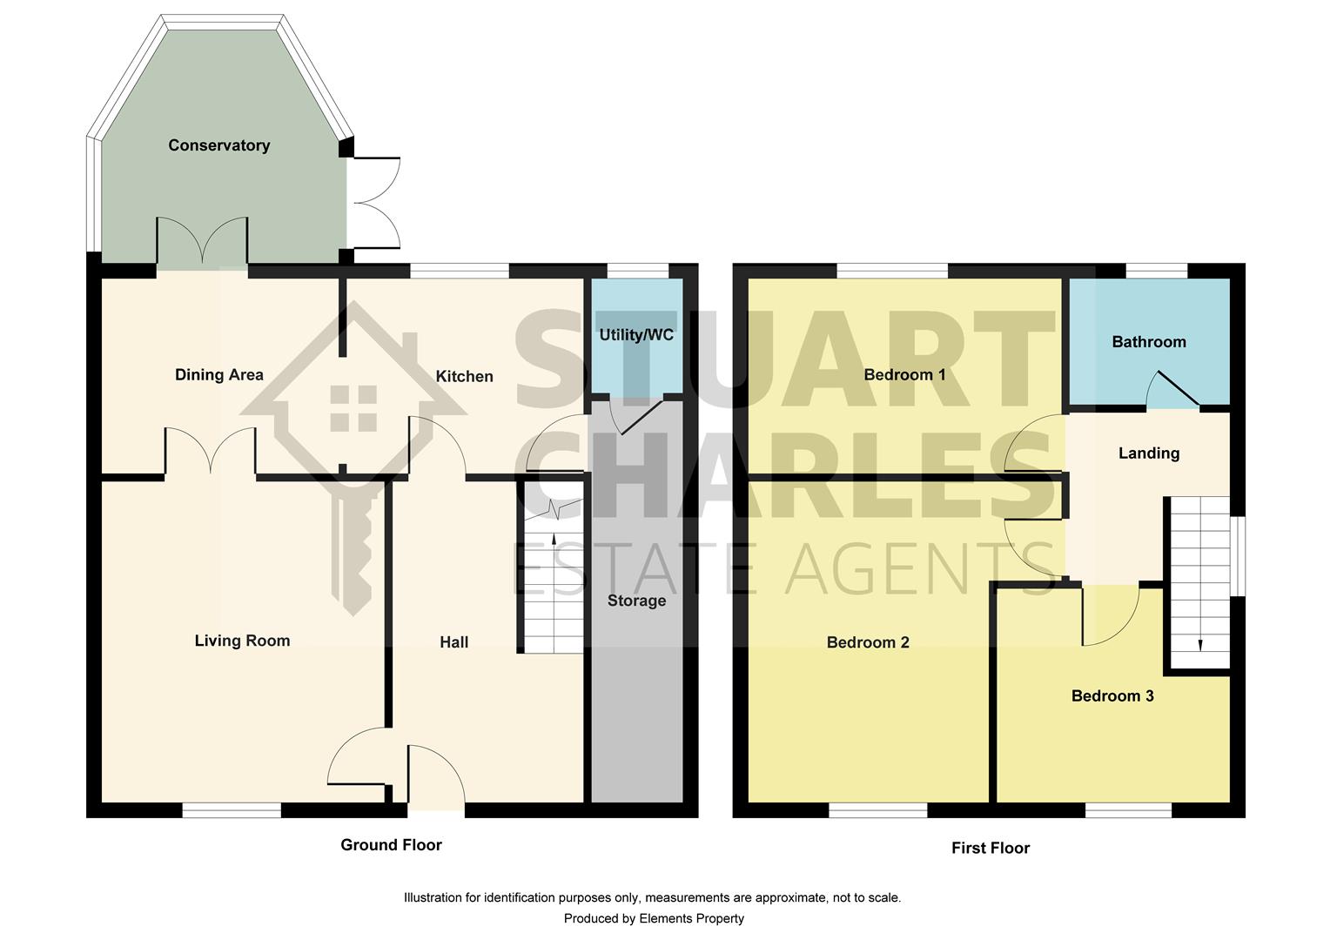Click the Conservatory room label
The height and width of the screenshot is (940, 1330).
tap(218, 145)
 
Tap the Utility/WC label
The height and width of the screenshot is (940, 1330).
tap(636, 335)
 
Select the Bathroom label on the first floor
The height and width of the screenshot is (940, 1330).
tap(1148, 342)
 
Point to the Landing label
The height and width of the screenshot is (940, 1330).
tap(1148, 453)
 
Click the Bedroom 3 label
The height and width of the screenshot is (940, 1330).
tap(1112, 696)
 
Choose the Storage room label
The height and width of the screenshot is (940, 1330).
tap(636, 601)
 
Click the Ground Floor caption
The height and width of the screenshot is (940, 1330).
tap(391, 845)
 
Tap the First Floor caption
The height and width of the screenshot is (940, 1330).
tap(990, 848)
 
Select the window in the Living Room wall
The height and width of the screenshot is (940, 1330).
tap(232, 810)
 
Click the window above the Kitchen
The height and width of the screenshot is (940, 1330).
tap(459, 271)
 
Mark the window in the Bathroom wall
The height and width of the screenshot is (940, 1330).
tap(1157, 271)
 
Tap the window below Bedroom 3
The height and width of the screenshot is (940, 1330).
tap(1128, 810)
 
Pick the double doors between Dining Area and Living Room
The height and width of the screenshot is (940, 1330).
tap(210, 452)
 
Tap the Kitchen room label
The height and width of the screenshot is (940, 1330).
tap(464, 376)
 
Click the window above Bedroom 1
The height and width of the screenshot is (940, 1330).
tap(892, 271)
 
